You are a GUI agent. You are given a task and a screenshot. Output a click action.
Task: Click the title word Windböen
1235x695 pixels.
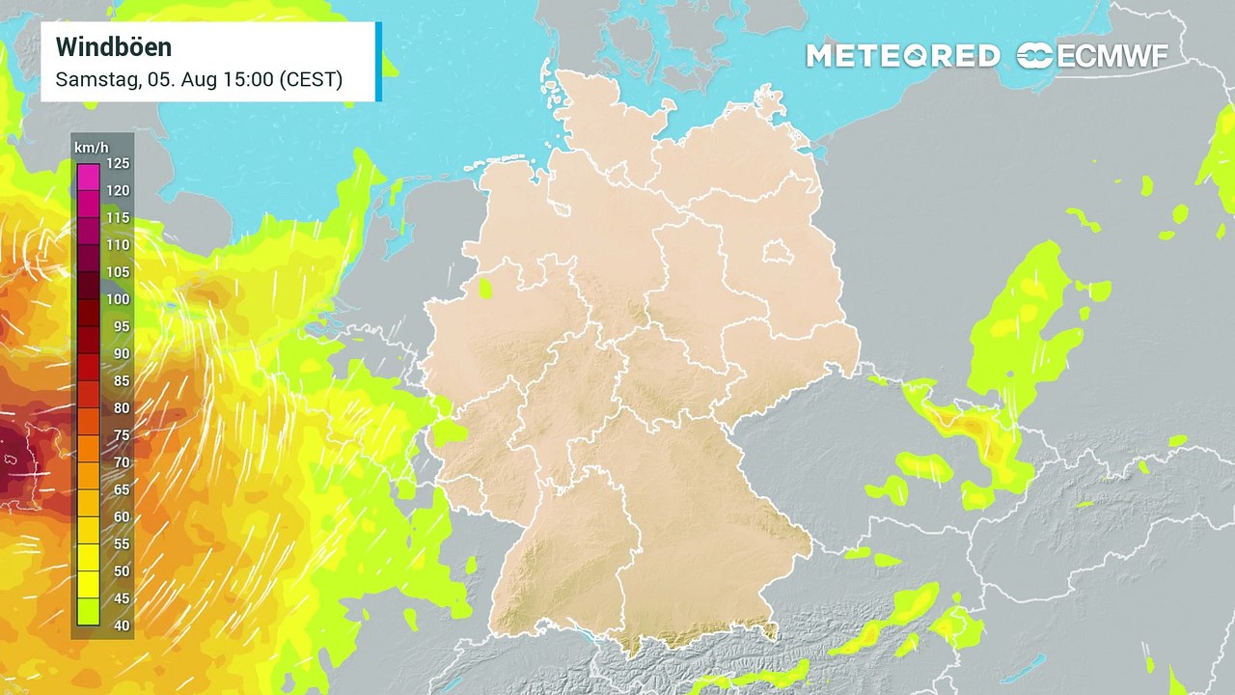click(x=114, y=46)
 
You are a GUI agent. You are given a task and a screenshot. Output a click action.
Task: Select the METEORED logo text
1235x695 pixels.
click(x=902, y=56)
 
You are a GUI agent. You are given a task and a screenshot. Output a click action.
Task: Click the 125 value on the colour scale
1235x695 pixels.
click(x=118, y=162)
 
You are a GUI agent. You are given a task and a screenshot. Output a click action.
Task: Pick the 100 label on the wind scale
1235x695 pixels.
click(x=118, y=299)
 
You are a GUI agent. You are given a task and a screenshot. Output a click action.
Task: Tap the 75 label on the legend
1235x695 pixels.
click(x=121, y=435)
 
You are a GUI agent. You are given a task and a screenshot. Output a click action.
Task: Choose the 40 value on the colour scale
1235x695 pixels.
click(x=121, y=625)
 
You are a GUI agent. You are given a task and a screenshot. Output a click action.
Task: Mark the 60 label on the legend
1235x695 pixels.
click(x=121, y=517)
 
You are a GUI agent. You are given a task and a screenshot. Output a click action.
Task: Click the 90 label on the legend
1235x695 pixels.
click(x=121, y=353)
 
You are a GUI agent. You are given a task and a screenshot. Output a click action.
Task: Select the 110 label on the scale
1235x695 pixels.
click(x=118, y=245)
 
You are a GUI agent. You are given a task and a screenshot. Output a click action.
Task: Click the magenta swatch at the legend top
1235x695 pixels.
click(x=89, y=176)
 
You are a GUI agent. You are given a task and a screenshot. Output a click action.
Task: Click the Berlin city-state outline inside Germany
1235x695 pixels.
click(x=777, y=253)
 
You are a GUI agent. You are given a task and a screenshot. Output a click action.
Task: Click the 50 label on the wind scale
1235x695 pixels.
click(x=121, y=571)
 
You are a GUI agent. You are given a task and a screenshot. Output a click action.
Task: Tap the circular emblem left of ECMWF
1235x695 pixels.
click(x=1035, y=56)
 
